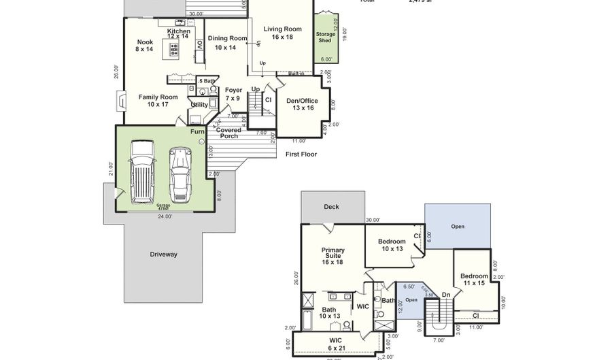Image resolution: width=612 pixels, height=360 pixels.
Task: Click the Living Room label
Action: (282, 33)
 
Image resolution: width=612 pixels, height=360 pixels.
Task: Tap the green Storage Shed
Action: (325, 37)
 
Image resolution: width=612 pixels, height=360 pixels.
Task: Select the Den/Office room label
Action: (301, 104)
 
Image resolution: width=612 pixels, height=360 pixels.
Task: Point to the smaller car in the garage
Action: (180, 174)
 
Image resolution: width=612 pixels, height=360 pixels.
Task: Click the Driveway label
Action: (163, 255)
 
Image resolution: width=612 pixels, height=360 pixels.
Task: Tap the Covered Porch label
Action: (228, 133)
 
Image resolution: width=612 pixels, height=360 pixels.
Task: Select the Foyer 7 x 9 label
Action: (233, 94)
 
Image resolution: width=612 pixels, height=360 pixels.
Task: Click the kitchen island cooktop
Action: (174, 48)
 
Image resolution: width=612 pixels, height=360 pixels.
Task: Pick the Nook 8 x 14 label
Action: (145, 46)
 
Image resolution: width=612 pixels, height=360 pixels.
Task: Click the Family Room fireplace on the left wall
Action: (121, 101)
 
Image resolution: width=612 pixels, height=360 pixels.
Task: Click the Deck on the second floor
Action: (331, 207)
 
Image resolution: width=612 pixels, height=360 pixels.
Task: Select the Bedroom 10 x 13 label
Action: (392, 245)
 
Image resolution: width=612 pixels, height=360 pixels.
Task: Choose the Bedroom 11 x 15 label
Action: (474, 279)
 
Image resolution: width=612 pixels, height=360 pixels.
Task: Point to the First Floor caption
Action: (301, 154)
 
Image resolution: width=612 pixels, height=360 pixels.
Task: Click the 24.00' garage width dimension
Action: (165, 216)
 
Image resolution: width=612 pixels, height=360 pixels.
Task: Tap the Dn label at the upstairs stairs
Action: (446, 295)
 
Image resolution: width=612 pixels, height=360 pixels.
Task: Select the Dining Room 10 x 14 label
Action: (226, 42)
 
